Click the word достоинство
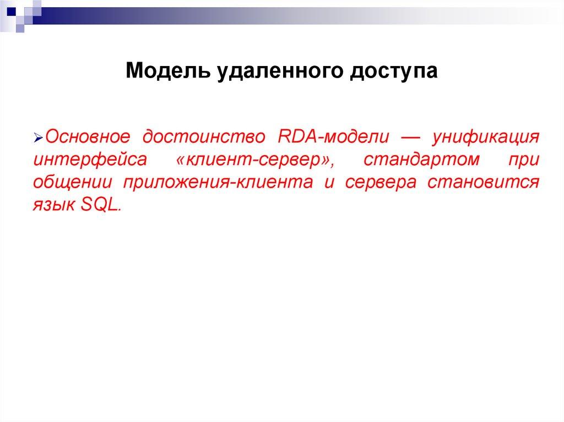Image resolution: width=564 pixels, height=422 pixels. tap(205, 136)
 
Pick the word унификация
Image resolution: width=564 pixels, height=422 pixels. tap(485, 136)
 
